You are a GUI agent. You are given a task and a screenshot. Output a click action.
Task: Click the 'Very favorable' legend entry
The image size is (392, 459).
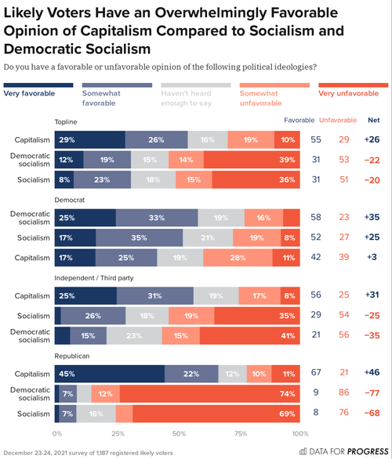click(x=28, y=93)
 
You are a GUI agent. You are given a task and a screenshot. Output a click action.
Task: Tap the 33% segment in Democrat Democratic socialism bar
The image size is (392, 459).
click(x=157, y=217)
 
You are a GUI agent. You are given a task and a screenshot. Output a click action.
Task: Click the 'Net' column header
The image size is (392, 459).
click(x=373, y=120)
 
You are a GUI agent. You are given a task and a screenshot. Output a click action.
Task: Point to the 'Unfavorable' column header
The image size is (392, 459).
click(x=338, y=120)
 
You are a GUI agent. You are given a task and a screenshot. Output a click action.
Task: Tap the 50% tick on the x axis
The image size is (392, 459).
click(x=178, y=432)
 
